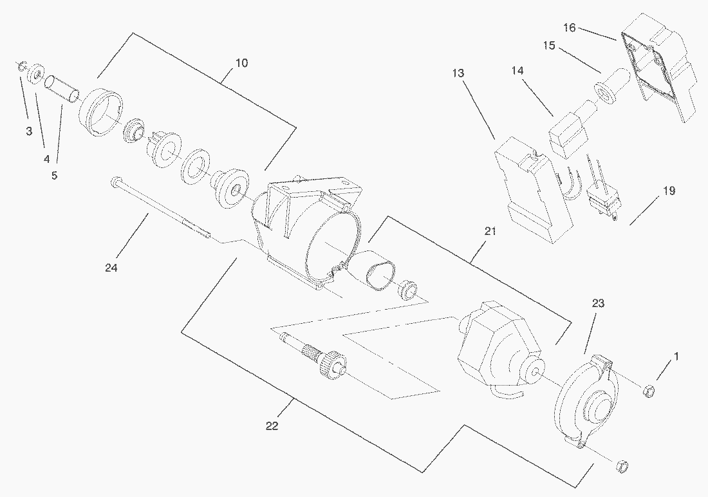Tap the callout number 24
point(111,268)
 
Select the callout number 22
point(272,426)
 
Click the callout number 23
point(598,303)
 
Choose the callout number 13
point(458,73)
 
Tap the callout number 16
point(569,28)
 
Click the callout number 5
point(54,174)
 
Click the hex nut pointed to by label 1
point(649,389)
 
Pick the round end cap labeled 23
point(584,402)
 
